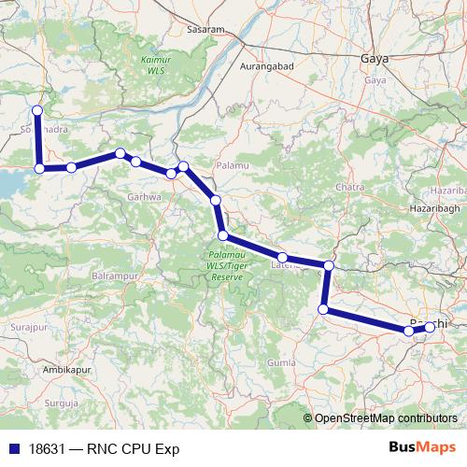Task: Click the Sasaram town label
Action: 207,29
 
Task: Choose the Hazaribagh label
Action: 435,203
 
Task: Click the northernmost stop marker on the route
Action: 37,110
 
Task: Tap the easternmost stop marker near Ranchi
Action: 430,327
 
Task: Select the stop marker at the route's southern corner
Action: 323,309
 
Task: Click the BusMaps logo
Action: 423,447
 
